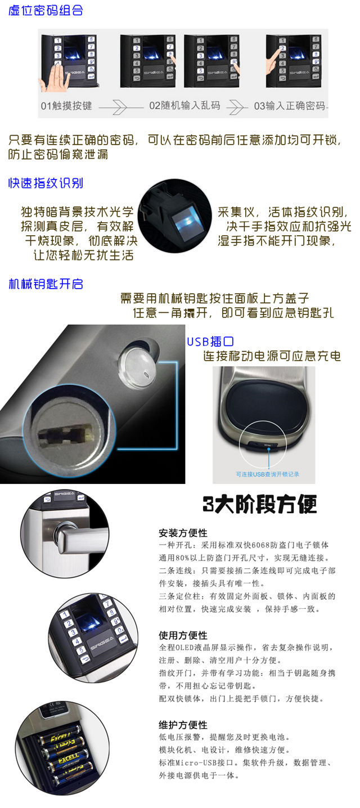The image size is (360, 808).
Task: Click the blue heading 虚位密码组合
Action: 46,10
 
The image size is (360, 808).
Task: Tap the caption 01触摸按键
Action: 66,106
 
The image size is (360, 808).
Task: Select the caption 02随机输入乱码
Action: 184,105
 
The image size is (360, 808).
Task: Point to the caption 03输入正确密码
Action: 290,106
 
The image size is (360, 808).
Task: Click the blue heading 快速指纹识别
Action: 46,183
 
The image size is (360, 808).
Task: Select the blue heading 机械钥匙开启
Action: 46,284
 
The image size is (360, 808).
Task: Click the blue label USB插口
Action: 210,341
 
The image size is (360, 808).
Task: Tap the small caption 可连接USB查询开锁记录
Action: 268,474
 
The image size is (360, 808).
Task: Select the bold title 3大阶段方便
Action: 260,504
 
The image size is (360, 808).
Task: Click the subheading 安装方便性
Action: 183,533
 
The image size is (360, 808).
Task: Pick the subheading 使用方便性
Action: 183,635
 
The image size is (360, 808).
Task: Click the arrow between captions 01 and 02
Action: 121,107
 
